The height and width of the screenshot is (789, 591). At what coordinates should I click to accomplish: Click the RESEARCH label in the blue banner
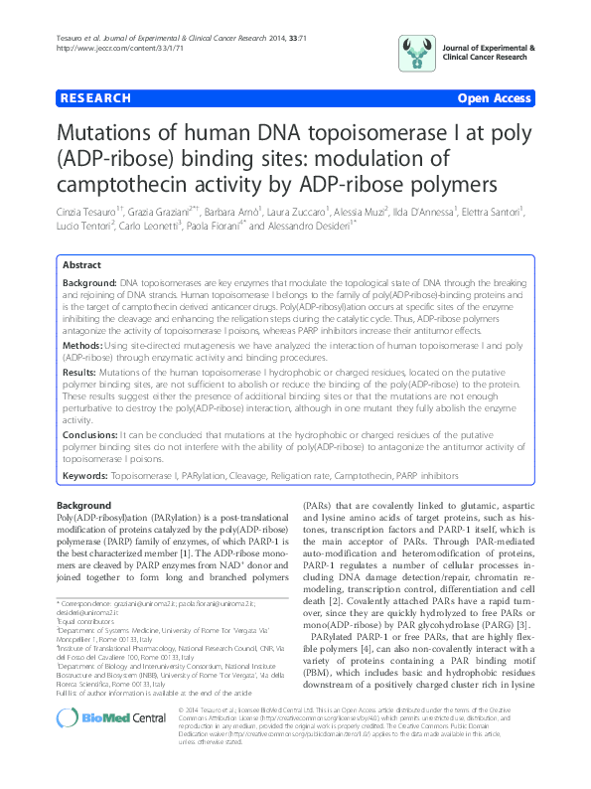95,98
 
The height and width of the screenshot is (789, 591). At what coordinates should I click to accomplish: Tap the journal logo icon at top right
416,52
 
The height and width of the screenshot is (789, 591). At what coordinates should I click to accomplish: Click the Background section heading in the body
83,506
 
